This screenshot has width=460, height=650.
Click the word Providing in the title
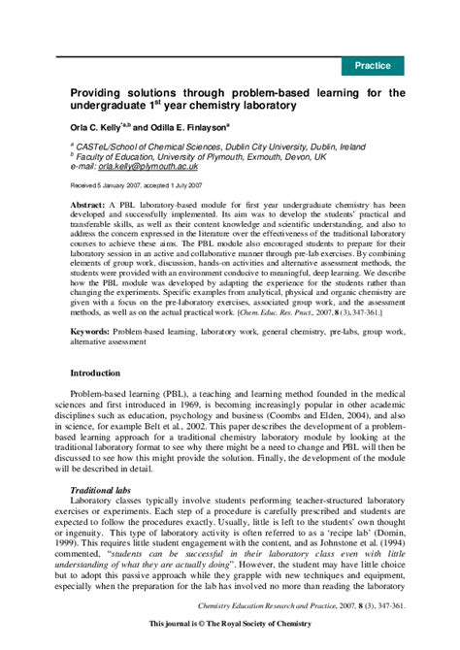coord(103,93)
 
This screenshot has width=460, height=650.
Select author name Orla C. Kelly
coord(98,126)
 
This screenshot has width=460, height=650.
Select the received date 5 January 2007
coord(107,182)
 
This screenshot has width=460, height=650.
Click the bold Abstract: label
coord(90,207)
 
